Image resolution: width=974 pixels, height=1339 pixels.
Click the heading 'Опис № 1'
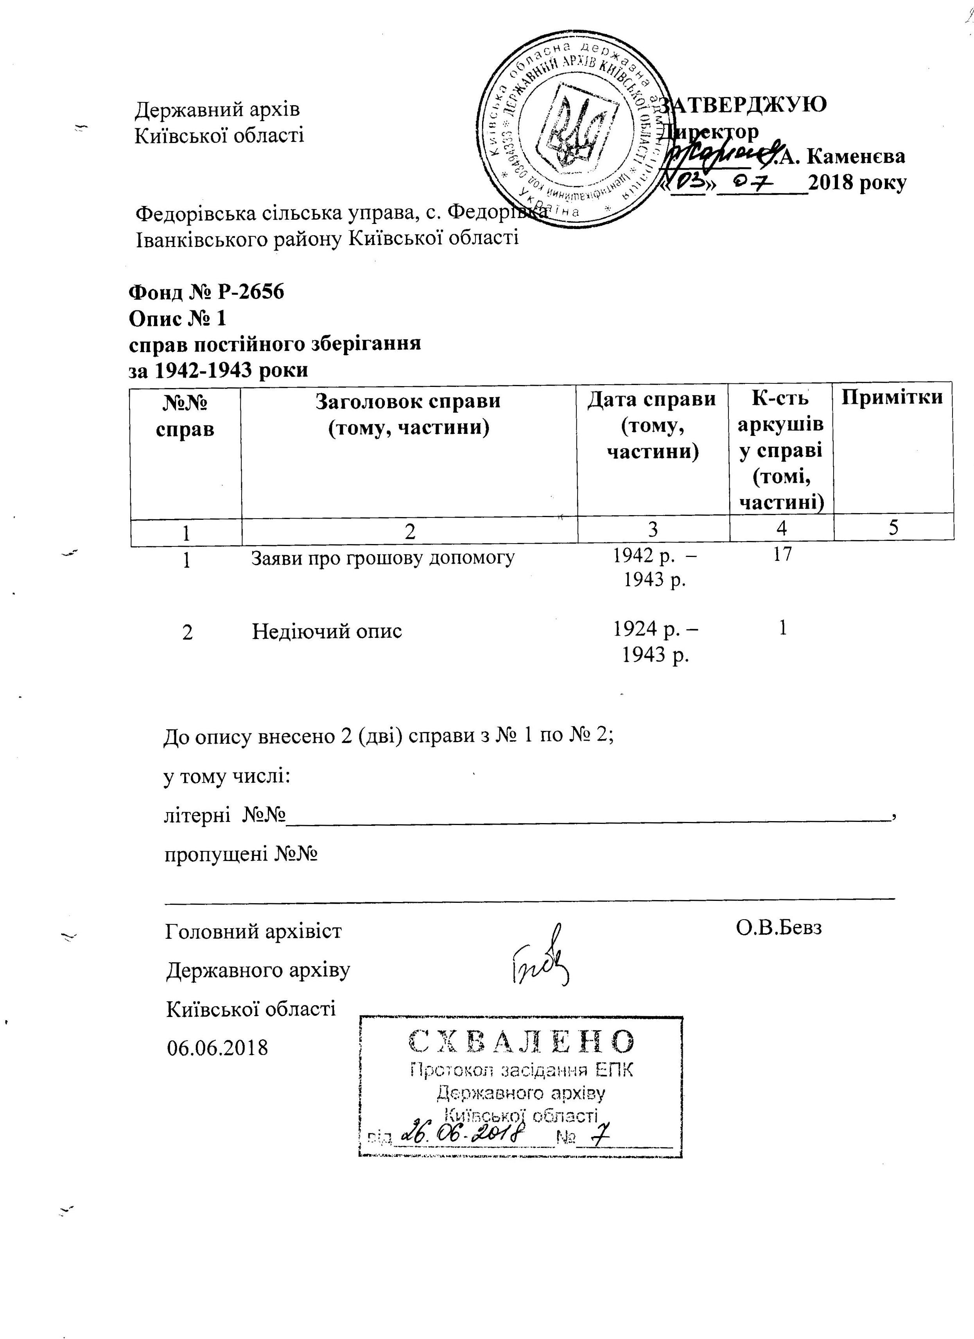pyautogui.click(x=177, y=319)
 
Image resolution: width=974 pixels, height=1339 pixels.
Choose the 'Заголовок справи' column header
pyautogui.click(x=408, y=401)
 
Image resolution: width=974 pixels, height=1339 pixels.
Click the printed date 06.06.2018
pyautogui.click(x=217, y=1048)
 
